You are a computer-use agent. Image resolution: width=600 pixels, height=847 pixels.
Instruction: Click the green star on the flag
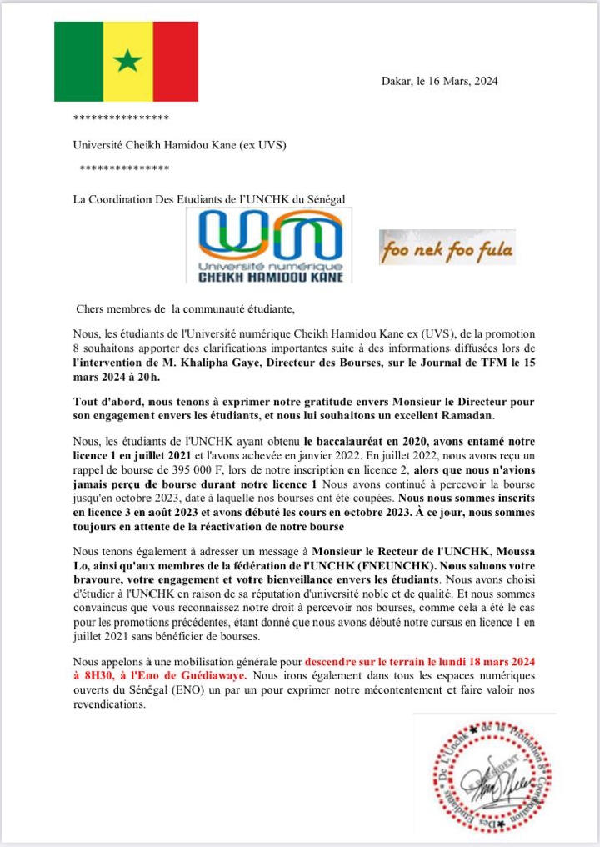(x=127, y=60)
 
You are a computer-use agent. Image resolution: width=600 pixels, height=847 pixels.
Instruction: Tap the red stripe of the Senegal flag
(x=176, y=61)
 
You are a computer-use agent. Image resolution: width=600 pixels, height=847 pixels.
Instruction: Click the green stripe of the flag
(x=78, y=61)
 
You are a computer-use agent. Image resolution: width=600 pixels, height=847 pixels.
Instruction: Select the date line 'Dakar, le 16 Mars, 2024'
(x=439, y=81)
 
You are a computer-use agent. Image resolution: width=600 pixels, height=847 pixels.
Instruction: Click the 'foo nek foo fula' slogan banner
(x=447, y=248)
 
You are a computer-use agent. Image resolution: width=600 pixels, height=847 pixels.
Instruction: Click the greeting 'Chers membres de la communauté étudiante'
(x=185, y=310)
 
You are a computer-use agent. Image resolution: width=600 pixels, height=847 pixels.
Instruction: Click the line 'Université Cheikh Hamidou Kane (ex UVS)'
(x=179, y=144)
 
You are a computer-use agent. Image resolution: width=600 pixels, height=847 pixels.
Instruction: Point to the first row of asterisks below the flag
(x=122, y=118)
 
